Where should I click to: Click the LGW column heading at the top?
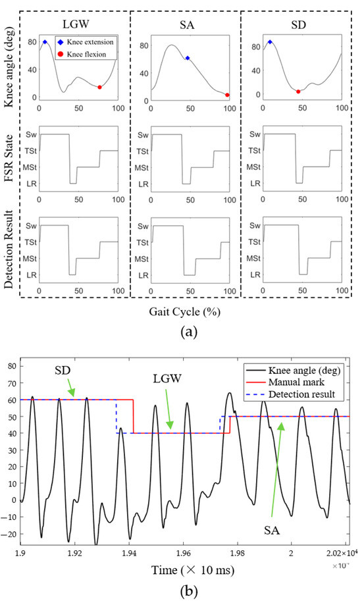[76, 22]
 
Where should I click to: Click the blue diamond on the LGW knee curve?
[45, 41]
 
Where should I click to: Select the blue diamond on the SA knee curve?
[188, 58]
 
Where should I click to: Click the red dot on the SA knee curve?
[227, 95]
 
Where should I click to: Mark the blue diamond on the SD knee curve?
[270, 42]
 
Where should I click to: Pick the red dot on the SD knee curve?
[298, 92]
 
